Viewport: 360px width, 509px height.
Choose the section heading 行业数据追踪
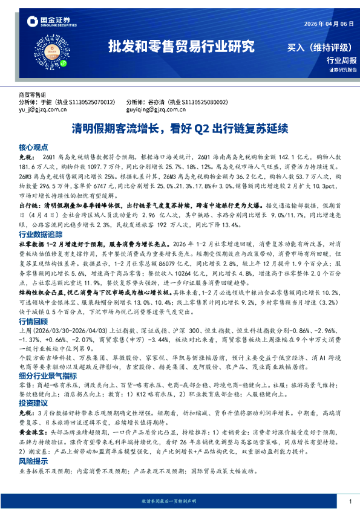tap(40, 233)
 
